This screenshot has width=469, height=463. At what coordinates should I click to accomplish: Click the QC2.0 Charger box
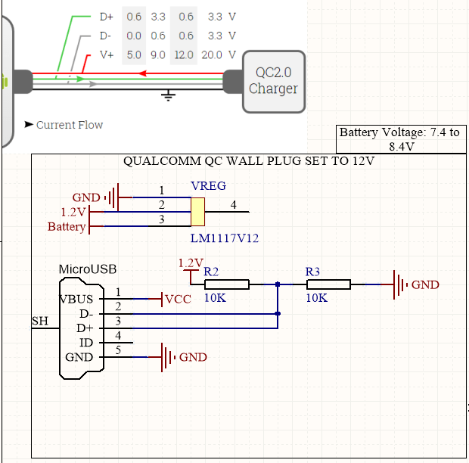point(274,80)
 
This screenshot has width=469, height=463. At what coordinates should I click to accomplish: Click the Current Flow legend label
point(69,125)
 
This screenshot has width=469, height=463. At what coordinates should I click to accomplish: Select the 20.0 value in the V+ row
point(213,55)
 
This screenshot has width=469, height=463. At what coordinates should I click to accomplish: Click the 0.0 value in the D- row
point(134,36)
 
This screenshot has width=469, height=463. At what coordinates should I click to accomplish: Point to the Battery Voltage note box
point(399,139)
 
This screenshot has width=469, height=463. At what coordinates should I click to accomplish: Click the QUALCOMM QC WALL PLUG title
point(249,162)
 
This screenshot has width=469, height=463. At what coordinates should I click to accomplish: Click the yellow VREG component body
point(198,212)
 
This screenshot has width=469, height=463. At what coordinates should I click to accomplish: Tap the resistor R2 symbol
point(227,284)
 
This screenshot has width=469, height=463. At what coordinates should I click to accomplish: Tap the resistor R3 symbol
point(328,284)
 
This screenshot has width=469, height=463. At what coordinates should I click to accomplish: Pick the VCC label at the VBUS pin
point(179,299)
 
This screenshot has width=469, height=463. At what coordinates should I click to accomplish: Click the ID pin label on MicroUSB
point(86,343)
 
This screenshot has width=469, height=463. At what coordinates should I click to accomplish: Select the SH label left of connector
point(40,322)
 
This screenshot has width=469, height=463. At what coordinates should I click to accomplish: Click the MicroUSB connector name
point(88,269)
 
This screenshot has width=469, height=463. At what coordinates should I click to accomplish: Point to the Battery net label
point(67,226)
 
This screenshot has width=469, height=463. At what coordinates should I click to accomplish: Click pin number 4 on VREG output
point(233,204)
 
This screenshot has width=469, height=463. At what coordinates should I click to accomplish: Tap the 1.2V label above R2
point(191,263)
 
